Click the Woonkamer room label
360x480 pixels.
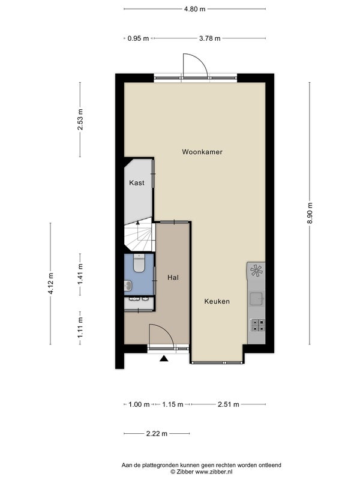click(x=202, y=152)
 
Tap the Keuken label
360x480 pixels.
click(x=217, y=301)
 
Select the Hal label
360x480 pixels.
click(x=173, y=278)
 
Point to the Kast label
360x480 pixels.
click(x=137, y=183)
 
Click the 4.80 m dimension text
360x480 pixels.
click(x=194, y=9)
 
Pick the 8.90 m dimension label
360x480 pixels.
click(x=310, y=213)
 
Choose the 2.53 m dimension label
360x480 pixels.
click(x=80, y=119)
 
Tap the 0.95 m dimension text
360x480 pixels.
click(x=139, y=38)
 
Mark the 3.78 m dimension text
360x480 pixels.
click(x=209, y=38)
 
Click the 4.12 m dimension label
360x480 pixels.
click(x=51, y=283)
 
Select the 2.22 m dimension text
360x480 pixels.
click(x=157, y=433)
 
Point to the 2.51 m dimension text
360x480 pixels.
click(x=229, y=404)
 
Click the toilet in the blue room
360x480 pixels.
click(x=139, y=263)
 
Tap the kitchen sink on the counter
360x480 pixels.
click(x=256, y=299)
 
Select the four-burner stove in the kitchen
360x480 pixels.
click(x=258, y=325)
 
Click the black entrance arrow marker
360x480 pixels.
click(x=164, y=358)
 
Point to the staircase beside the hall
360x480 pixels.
click(x=138, y=234)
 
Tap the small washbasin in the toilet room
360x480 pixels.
click(x=128, y=286)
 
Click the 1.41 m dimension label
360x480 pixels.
click(x=80, y=274)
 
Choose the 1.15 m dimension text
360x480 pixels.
click(x=172, y=404)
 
